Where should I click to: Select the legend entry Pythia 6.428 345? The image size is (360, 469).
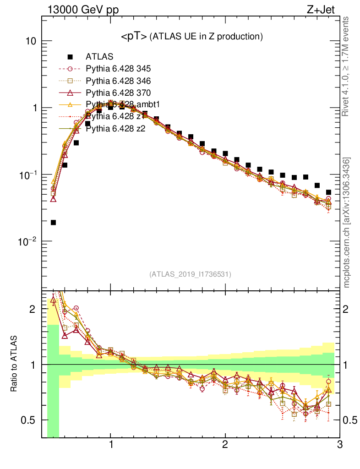tap(118, 69)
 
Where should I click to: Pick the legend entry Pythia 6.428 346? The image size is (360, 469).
tap(118, 81)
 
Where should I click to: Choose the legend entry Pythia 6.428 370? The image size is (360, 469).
tap(118, 93)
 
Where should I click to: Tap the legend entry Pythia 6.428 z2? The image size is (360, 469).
tap(115, 129)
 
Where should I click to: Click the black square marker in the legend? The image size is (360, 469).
tap(70, 57)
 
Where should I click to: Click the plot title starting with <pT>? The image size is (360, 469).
tap(191, 36)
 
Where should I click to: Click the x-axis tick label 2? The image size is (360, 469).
tap(225, 445)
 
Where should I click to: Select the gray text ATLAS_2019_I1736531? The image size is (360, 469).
tap(190, 274)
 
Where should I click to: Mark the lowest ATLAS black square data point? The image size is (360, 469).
tap(53, 223)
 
